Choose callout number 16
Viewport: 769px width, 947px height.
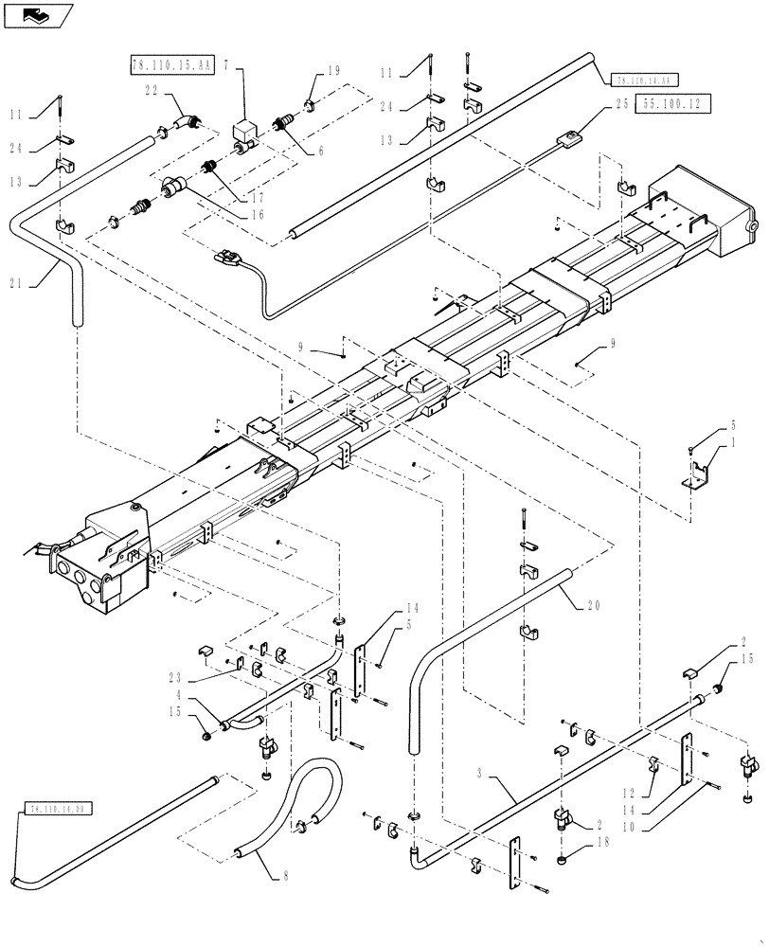pos(259,215)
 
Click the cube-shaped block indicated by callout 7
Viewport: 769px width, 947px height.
pos(247,129)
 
